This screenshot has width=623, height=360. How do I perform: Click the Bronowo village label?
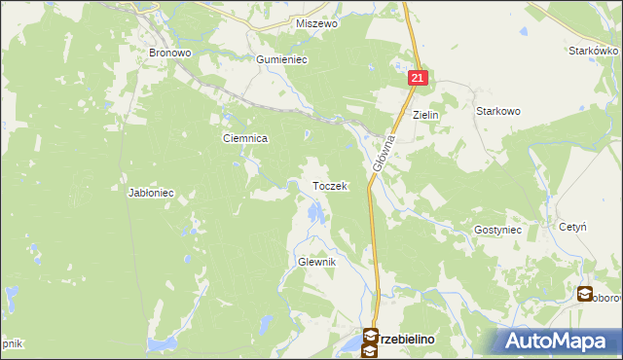[168, 53]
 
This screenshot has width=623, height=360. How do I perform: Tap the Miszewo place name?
[315, 23]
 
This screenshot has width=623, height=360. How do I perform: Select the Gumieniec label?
[281, 59]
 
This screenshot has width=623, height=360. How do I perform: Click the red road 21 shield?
[417, 78]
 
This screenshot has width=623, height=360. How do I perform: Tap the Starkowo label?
[497, 112]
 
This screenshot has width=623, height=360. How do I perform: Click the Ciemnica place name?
[245, 139]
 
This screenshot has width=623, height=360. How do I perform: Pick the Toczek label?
[329, 186]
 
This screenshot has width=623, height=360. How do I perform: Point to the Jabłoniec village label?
[151, 193]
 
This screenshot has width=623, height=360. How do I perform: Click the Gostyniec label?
[498, 230]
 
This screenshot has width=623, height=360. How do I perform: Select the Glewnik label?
[316, 263]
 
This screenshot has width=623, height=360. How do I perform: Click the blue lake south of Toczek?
[313, 212]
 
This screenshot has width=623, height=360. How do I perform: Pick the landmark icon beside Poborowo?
[585, 294]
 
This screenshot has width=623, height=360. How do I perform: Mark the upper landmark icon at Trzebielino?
[371, 337]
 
